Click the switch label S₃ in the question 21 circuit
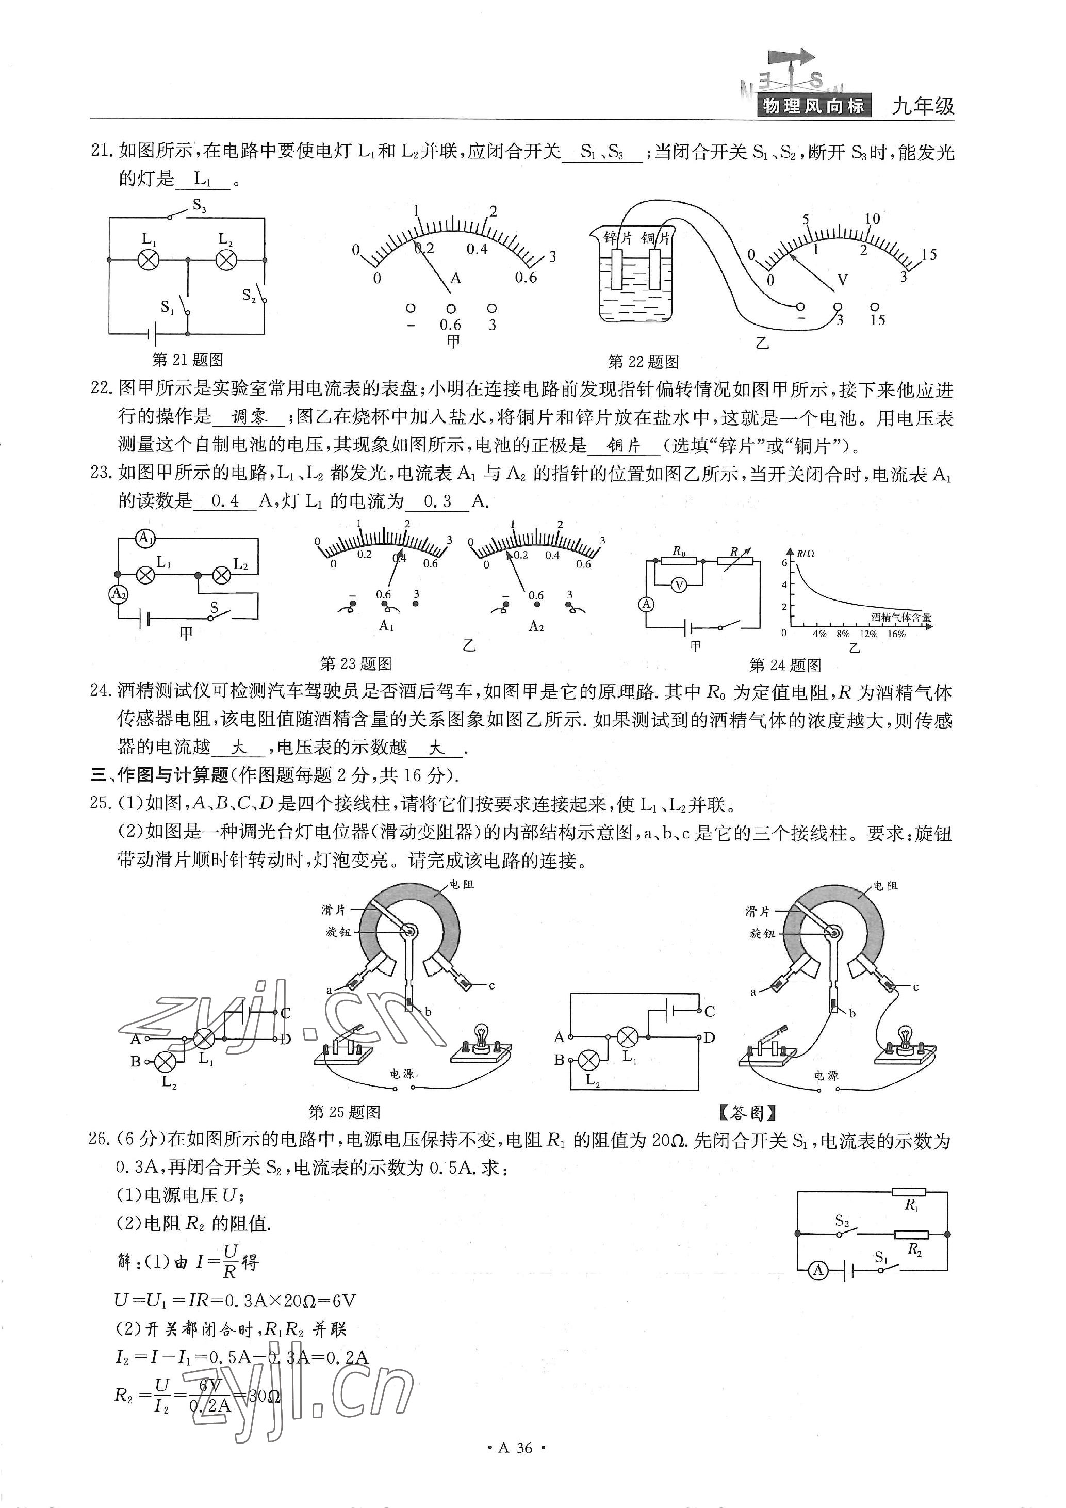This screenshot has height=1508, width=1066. (x=199, y=206)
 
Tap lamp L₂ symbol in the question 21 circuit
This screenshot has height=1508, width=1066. (x=226, y=260)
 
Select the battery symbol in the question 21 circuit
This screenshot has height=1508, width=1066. (x=152, y=334)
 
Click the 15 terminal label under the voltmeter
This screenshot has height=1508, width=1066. (x=878, y=320)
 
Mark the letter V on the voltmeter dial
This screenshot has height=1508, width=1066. (x=843, y=281)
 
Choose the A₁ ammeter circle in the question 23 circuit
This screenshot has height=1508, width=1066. (x=145, y=539)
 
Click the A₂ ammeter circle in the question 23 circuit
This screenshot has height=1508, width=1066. (x=118, y=594)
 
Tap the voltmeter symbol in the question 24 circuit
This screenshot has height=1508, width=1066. (x=679, y=585)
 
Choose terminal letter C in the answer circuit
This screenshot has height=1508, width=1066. (x=709, y=1012)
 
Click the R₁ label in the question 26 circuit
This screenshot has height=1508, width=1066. (x=911, y=1205)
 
